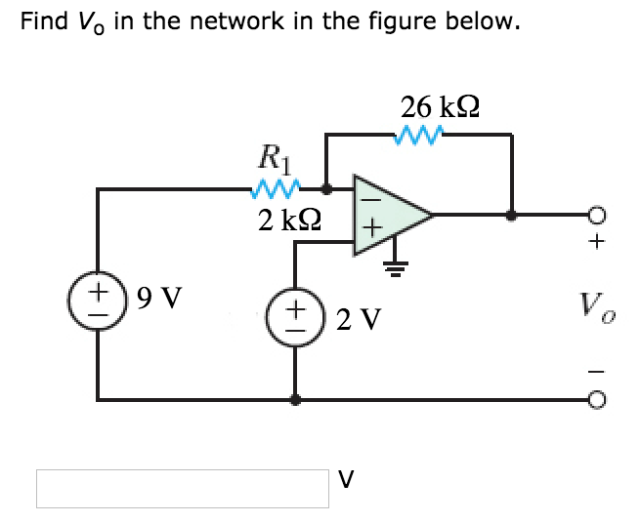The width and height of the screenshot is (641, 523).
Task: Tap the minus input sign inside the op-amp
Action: (367, 195)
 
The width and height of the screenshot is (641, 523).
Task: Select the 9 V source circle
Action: (97, 296)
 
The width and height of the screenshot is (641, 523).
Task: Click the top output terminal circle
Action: (599, 215)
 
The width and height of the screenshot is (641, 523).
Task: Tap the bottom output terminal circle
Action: (599, 398)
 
